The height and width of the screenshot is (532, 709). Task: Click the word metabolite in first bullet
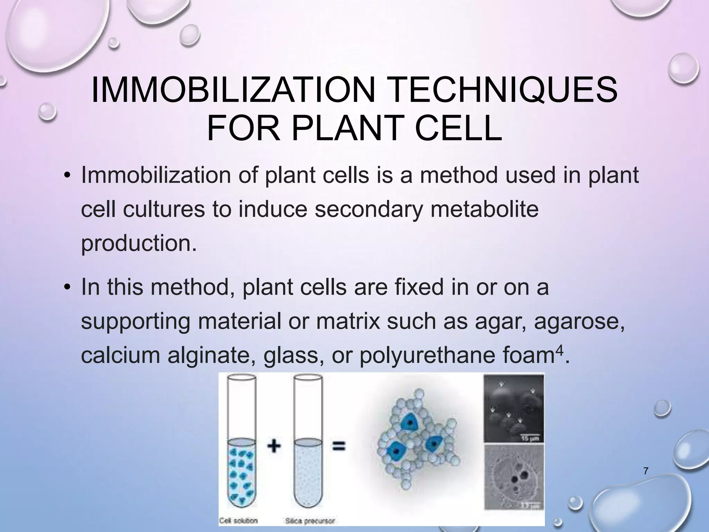(484, 210)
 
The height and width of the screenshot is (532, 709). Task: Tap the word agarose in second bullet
(579, 321)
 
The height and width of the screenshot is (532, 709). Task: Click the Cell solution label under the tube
(239, 521)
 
